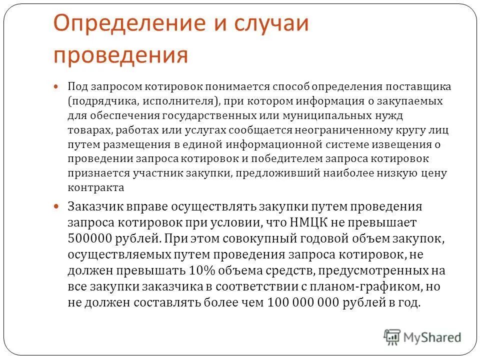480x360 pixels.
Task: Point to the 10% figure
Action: point(201,271)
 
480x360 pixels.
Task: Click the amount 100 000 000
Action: point(310,302)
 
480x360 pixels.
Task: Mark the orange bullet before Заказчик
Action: point(56,206)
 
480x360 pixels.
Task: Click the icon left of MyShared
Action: point(392,336)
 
